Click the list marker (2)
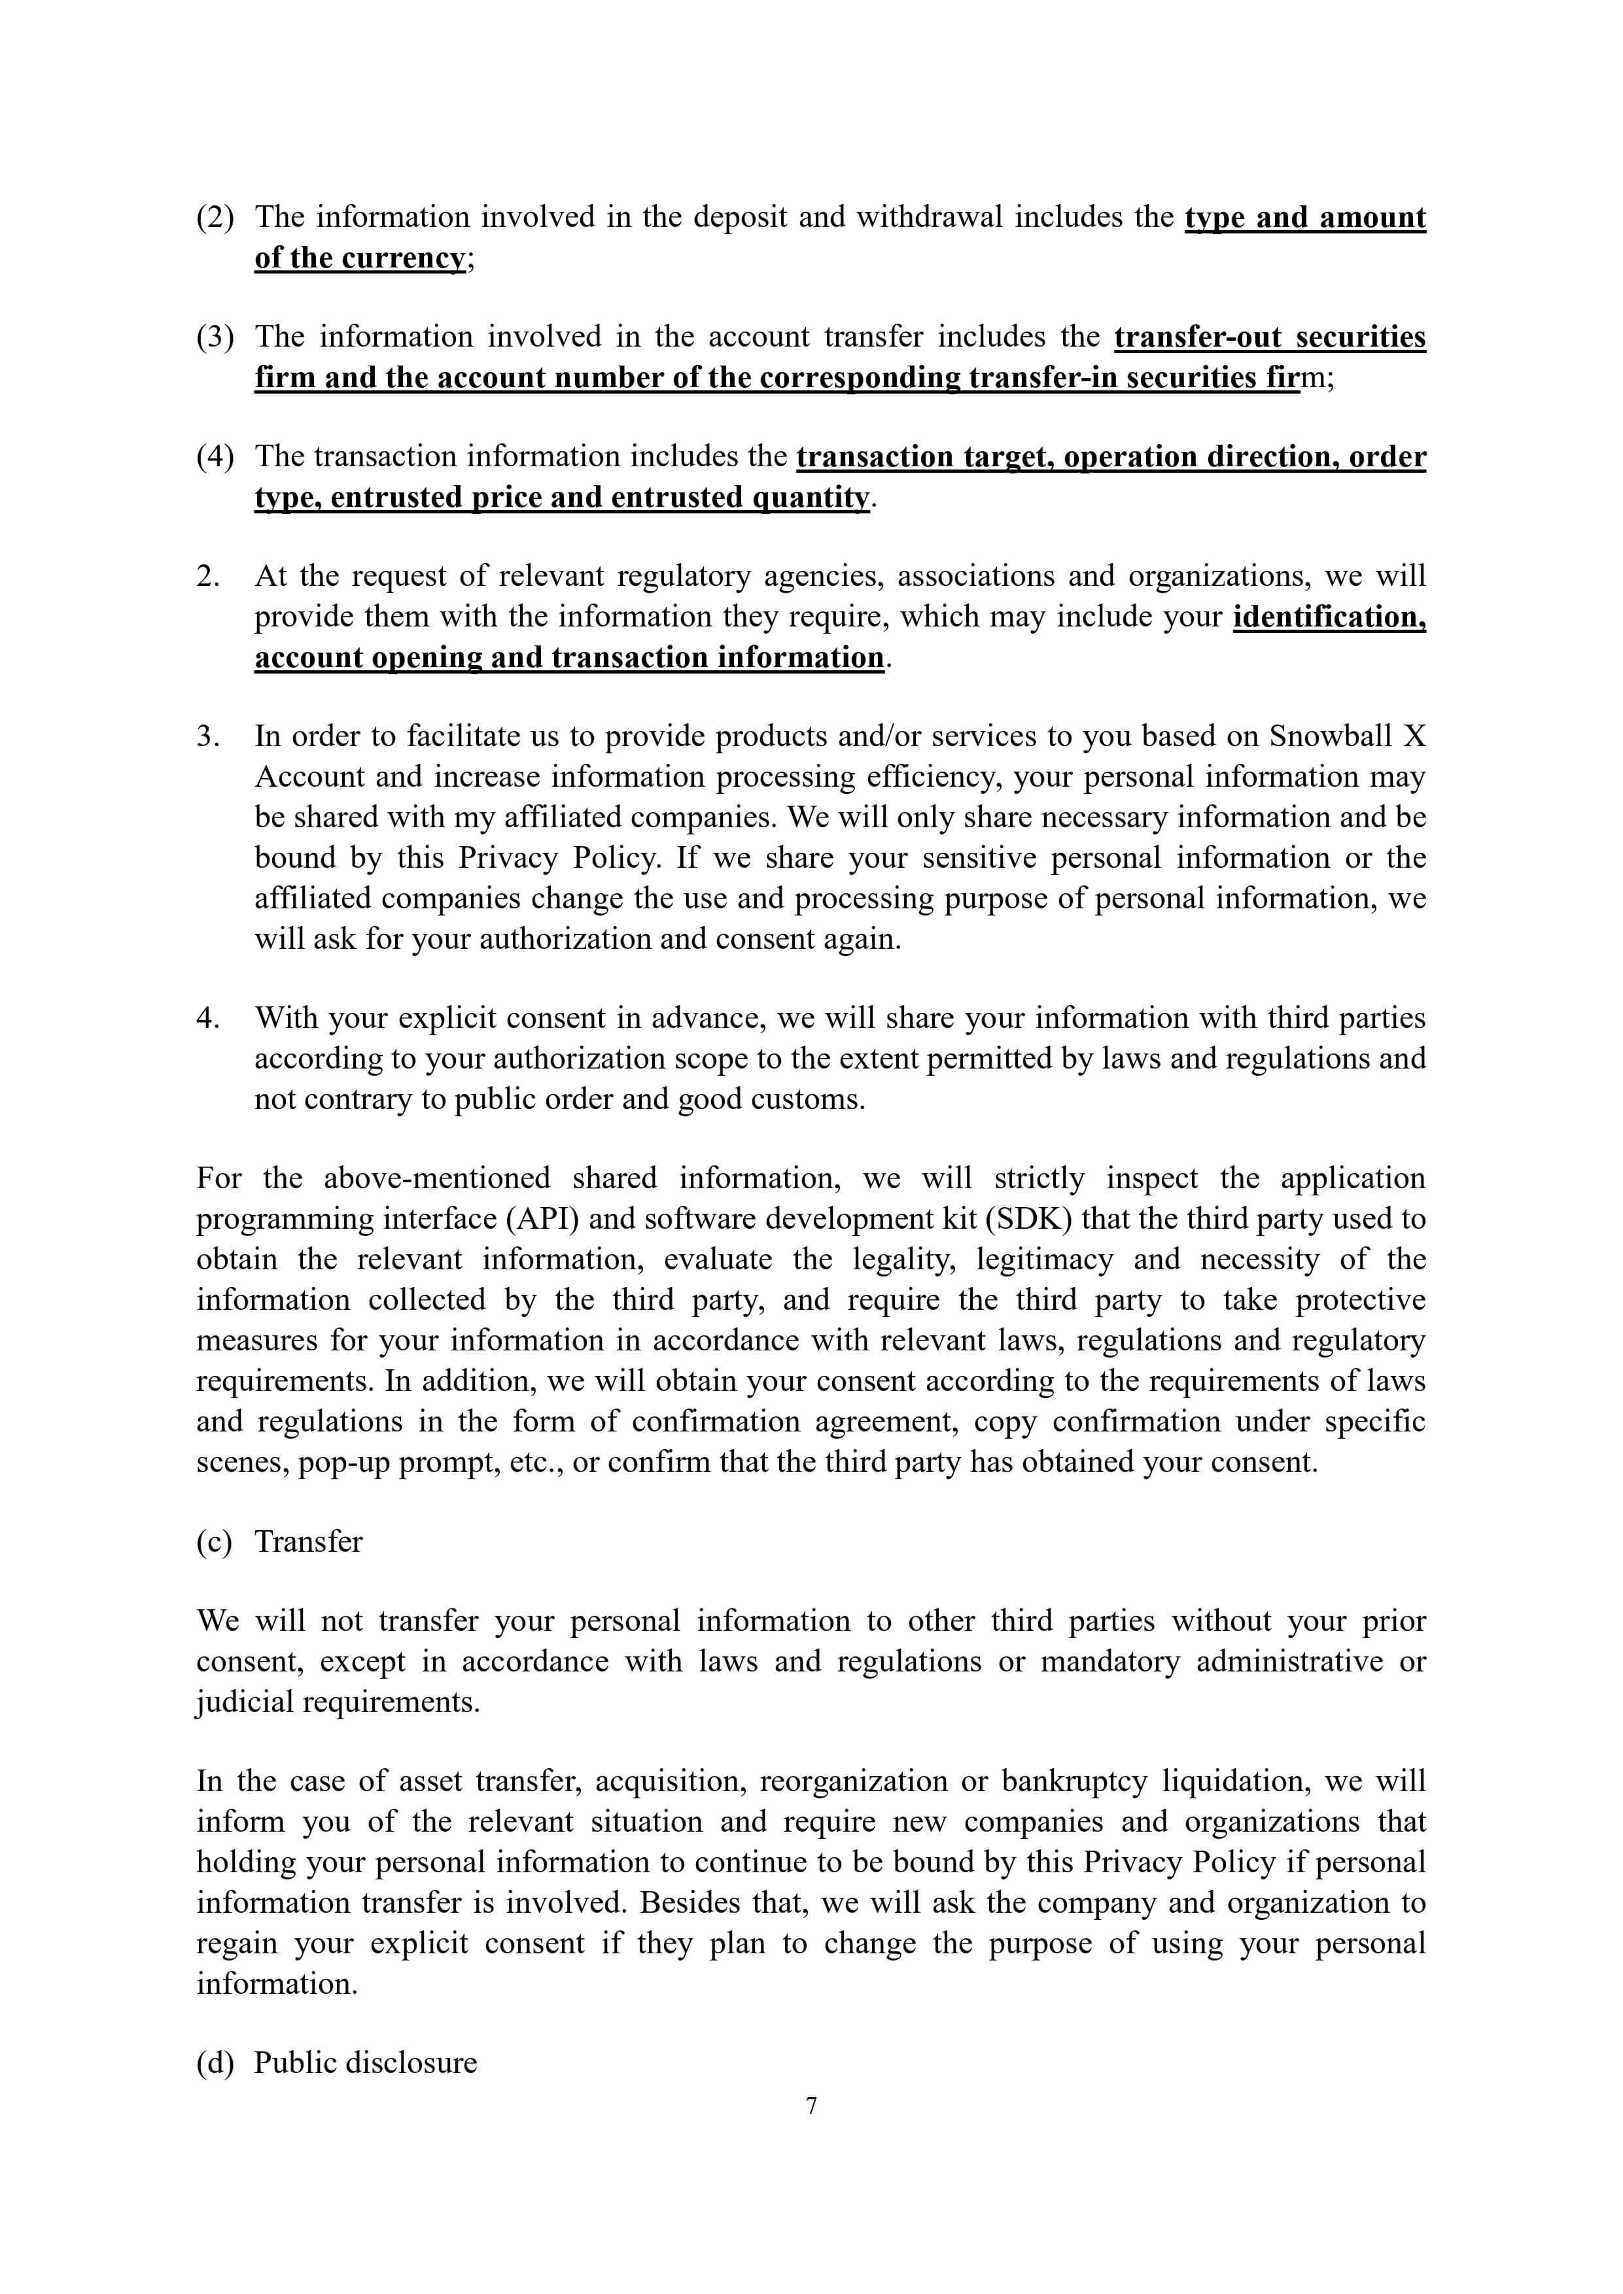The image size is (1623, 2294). pos(215,217)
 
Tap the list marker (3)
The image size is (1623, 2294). pos(215,337)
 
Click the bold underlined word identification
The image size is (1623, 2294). pos(1329,617)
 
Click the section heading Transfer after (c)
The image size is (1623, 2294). pos(308,1542)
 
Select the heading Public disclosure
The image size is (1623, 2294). pos(365,2063)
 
